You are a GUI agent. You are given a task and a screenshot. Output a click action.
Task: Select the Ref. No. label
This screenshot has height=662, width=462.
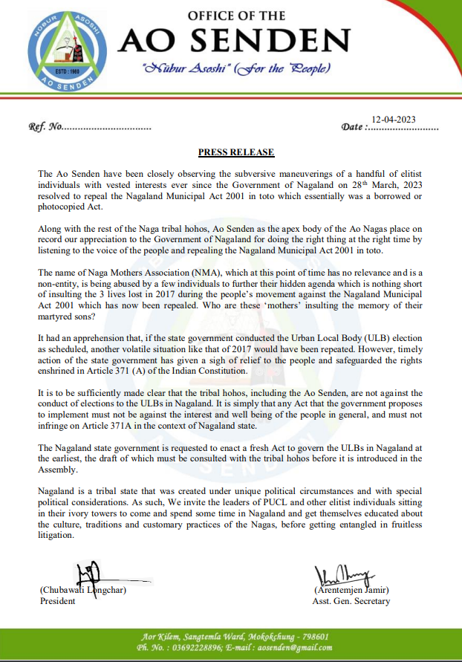pos(45,127)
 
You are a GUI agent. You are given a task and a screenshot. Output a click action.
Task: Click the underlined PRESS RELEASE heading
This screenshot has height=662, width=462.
pos(235,152)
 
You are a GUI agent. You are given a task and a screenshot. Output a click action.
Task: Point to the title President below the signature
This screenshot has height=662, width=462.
pos(57,601)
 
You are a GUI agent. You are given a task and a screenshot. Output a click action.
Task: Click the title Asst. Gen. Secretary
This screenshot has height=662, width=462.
pos(351,601)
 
